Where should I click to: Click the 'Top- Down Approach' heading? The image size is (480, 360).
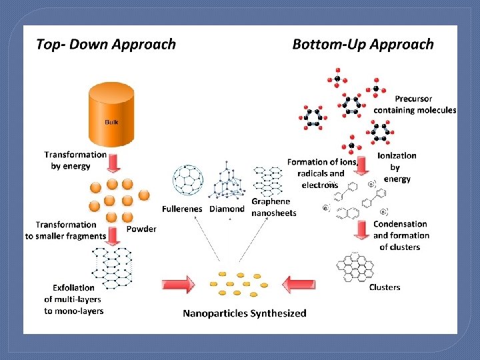point(105,45)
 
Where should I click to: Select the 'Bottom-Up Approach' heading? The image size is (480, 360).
point(363,45)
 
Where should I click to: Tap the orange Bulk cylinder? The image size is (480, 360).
point(111,118)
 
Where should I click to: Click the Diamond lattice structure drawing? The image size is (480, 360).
point(226,180)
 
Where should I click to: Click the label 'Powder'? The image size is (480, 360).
point(141,229)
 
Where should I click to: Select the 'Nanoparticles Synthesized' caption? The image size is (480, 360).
point(245,313)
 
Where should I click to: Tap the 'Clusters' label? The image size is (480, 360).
point(385,287)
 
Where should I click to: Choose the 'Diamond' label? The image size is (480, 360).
point(227,209)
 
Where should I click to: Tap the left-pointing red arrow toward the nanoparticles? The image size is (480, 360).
point(300,285)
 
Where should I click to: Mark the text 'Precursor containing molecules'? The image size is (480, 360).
point(415,105)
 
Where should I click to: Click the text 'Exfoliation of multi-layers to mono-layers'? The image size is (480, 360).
point(74,299)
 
